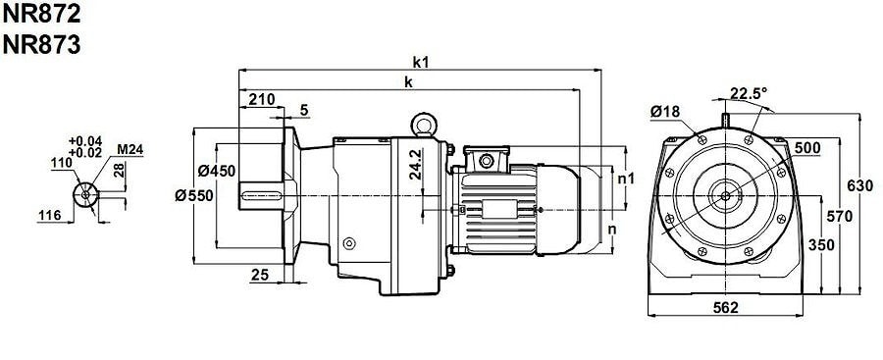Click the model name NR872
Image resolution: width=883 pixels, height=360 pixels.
(x=41, y=14)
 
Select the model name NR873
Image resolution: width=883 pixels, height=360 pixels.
(x=41, y=45)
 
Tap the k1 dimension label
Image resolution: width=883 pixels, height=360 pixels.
(x=421, y=62)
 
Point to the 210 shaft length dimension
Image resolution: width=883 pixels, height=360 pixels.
(x=262, y=99)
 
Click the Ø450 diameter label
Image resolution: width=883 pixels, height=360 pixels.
(x=216, y=170)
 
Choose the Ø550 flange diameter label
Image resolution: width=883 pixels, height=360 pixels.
(x=194, y=195)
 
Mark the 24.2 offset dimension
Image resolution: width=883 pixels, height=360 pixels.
(x=416, y=165)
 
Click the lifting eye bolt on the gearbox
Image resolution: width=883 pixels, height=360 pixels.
(x=422, y=125)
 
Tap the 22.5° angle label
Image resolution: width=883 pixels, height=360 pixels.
(x=749, y=92)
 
